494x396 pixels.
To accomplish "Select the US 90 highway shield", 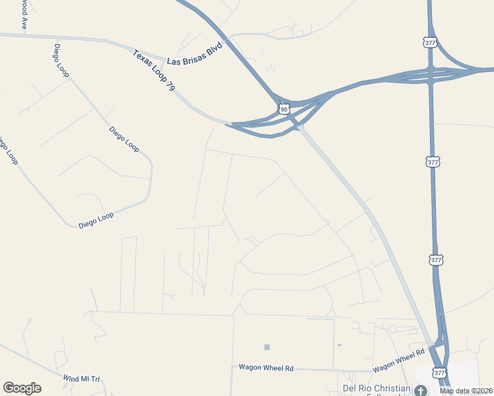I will (284, 108).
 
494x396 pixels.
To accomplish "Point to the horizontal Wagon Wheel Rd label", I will (265, 368).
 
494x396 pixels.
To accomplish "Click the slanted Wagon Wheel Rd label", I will (398, 360).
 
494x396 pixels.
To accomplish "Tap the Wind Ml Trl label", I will (81, 379).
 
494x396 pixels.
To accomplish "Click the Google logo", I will (22, 388).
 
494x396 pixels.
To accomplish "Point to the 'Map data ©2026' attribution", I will (466, 391).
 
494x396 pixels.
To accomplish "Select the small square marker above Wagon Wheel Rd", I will (267, 347).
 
